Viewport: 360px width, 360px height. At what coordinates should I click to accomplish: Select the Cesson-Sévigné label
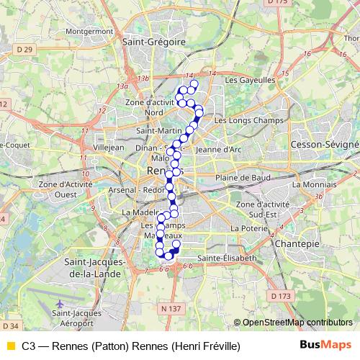pos(324,145)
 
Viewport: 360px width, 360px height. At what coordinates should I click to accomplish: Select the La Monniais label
pos(310,184)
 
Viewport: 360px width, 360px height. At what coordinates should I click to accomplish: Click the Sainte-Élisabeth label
pos(227,257)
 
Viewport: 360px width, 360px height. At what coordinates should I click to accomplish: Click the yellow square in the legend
pos(9,346)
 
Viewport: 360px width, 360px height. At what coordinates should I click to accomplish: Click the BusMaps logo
pos(325,346)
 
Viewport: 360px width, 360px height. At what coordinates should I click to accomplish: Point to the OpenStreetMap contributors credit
pos(297,322)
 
